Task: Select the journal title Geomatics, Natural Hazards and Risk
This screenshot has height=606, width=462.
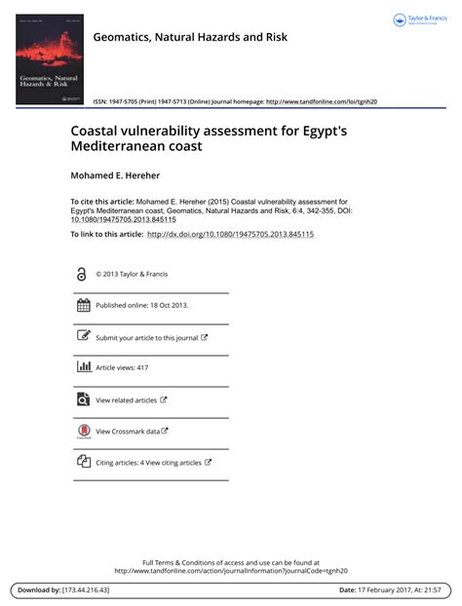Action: click(190, 37)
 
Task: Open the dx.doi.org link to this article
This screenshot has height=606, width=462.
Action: click(230, 235)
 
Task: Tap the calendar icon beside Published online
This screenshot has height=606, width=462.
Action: click(83, 305)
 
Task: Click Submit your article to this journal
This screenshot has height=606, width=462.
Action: click(147, 337)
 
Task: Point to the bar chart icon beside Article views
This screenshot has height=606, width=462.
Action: click(83, 367)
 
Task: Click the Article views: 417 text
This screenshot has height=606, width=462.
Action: click(122, 368)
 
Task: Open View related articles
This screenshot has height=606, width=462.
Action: click(127, 399)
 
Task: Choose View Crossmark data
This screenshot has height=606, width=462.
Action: click(128, 431)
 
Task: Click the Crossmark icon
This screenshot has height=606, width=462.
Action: click(83, 432)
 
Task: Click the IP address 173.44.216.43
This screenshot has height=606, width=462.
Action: click(86, 590)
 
